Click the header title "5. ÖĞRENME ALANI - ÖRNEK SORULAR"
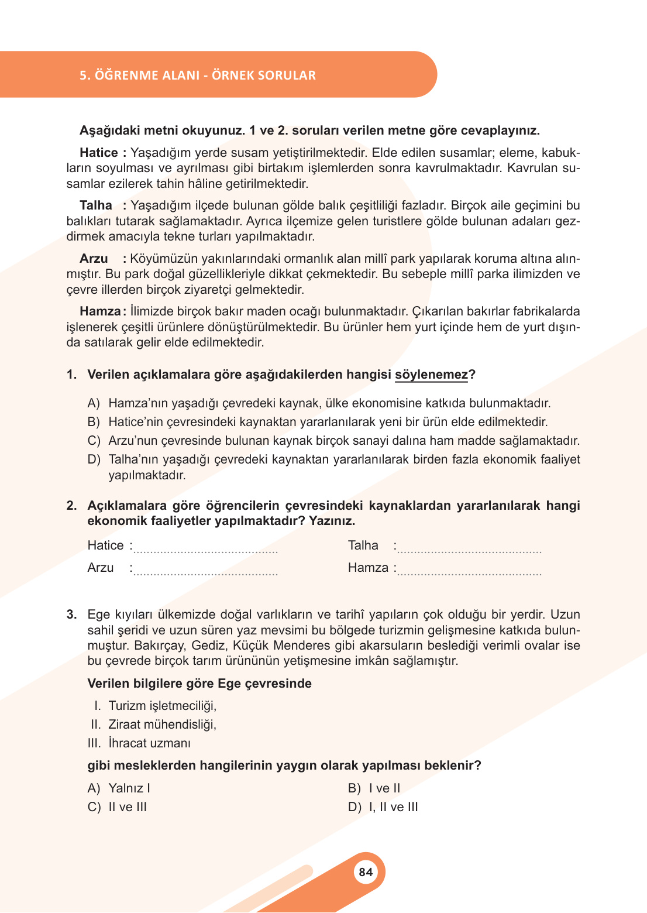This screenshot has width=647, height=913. tap(198, 75)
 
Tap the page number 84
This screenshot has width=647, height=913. tap(366, 872)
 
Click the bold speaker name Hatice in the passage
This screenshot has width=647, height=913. tap(99, 153)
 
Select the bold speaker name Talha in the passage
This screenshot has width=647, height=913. tap(96, 205)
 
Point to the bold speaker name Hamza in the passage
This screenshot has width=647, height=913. tap(100, 311)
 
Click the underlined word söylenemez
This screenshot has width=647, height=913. tap(431, 375)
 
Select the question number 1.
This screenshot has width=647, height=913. tap(71, 375)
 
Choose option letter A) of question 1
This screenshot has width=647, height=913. tap(94, 403)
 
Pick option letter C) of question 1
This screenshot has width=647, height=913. tap(94, 441)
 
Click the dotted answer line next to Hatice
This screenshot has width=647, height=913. tap(205, 550)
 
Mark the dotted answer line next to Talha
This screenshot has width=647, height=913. tap(469, 550)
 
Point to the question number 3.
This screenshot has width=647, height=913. tap(71, 615)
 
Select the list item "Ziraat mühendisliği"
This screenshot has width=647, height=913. tap(162, 725)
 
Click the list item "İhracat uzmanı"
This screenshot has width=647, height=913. tap(149, 743)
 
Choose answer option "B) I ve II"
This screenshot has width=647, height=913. tap(374, 788)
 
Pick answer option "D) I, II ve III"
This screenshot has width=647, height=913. tap(383, 807)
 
